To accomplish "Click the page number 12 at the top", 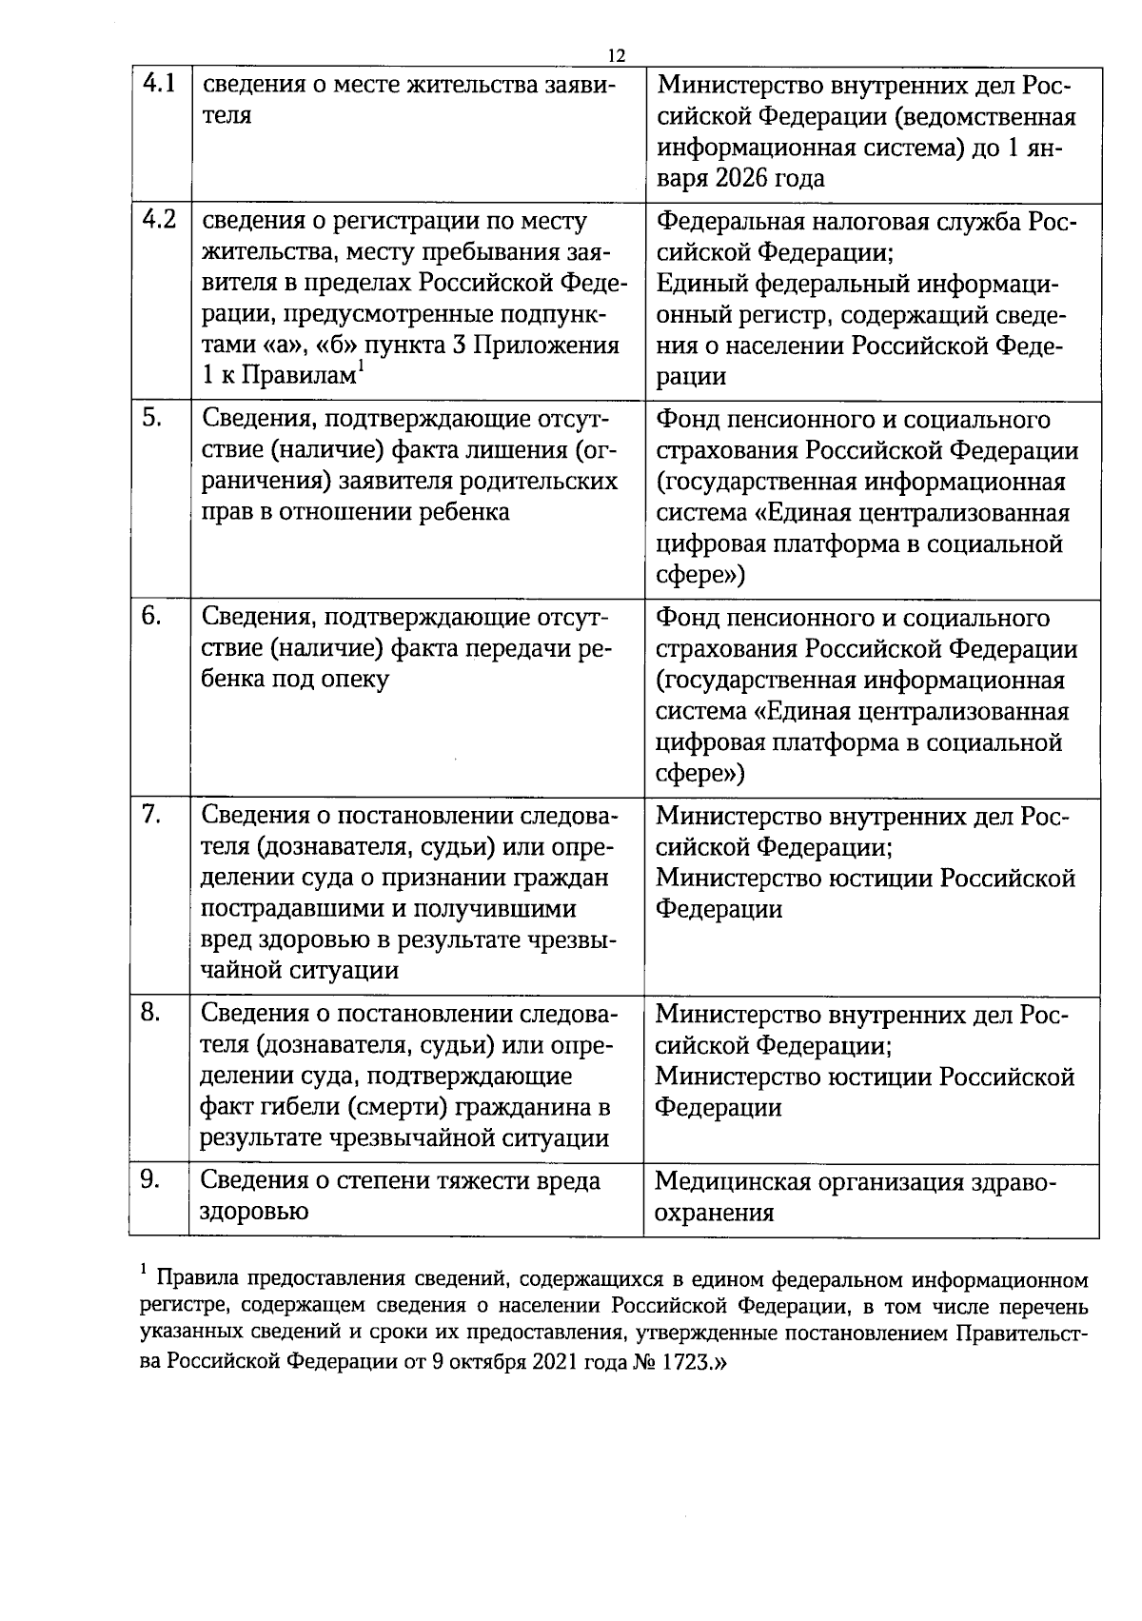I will [x=616, y=55].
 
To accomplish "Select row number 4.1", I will [x=158, y=84].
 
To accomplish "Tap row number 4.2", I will [x=158, y=220].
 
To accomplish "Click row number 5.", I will [x=151, y=418].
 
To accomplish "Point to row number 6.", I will [x=151, y=616].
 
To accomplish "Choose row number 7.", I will [x=151, y=815].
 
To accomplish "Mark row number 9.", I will [x=150, y=1179].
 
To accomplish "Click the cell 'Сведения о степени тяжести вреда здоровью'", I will [x=400, y=1196].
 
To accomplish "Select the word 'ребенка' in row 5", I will [x=463, y=512].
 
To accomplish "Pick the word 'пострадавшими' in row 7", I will [x=285, y=908].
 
